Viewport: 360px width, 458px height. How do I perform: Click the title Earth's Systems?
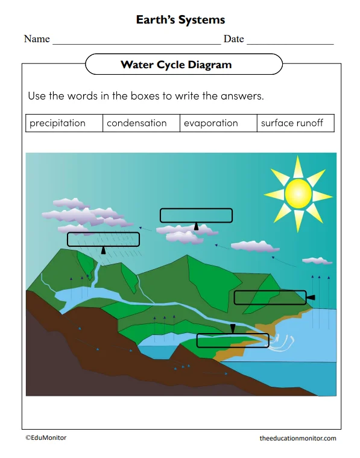coord(180,20)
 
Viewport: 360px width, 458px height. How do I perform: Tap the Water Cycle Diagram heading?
coord(176,65)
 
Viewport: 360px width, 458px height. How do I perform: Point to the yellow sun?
coord(298,192)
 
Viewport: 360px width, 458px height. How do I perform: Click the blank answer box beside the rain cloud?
coord(103,239)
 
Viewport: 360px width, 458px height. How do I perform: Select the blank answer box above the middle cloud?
coord(196,215)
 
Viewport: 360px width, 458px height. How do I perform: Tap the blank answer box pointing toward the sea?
coord(270,297)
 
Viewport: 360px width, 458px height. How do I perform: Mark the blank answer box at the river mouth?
coord(232,340)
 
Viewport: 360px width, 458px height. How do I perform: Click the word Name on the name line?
coord(37,39)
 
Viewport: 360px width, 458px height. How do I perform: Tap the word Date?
coord(233,39)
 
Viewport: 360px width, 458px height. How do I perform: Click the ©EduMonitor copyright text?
coord(46,437)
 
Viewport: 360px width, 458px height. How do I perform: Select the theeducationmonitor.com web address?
coord(298,438)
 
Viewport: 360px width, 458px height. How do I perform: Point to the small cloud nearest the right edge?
coord(317,261)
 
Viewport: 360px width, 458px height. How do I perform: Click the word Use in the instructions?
coord(37,96)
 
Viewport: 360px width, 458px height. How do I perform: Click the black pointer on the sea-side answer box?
coord(311,297)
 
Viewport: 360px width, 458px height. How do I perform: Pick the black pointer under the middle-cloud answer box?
coord(196,226)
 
